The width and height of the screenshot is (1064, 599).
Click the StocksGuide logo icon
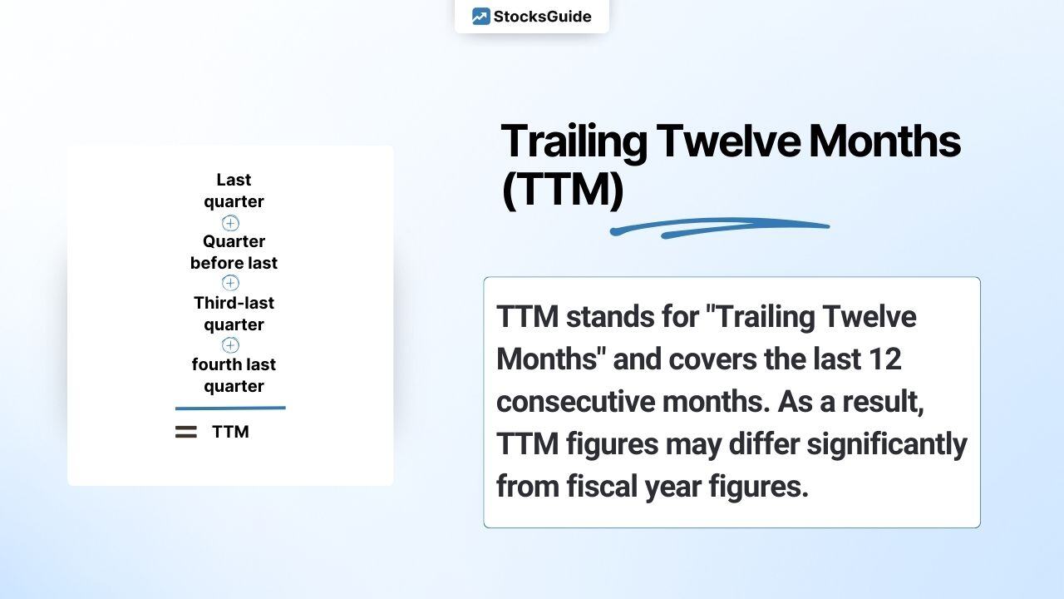point(480,17)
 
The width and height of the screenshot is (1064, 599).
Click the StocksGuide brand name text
point(542,17)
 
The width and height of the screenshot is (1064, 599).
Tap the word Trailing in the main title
point(574,141)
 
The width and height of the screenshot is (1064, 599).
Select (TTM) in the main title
point(562,190)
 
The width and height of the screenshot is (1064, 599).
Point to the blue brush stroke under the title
point(719,227)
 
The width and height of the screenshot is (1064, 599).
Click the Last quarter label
point(234,191)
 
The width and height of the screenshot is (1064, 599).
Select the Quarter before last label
point(234,252)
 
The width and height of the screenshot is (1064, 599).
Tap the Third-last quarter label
point(234,314)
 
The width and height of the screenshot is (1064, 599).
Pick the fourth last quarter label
point(234,375)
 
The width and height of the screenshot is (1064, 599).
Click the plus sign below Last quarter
point(230,223)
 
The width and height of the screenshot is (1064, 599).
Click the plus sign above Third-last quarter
point(230,283)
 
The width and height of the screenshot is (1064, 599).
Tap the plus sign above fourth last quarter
point(230,344)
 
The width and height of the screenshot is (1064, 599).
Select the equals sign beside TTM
point(186,432)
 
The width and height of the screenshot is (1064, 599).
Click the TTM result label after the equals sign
point(230,432)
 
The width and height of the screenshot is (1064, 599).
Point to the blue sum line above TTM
point(230,408)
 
